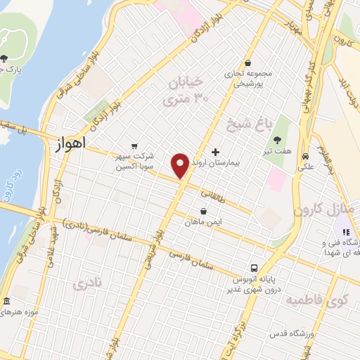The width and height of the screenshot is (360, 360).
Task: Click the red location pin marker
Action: click(181, 165)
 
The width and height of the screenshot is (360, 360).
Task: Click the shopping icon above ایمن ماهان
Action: click(204, 211)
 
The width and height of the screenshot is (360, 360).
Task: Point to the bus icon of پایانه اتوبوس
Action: click(255, 267)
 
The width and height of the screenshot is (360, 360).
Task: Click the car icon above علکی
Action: click(306, 156)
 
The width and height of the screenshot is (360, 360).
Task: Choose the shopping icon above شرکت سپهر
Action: click(134, 137)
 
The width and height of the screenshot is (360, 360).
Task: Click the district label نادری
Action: click(89, 284)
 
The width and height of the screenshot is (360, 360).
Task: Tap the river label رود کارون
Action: click(11, 186)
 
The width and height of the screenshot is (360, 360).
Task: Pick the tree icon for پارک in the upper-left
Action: click(4, 58)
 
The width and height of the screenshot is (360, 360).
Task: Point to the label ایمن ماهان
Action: click(204, 223)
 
